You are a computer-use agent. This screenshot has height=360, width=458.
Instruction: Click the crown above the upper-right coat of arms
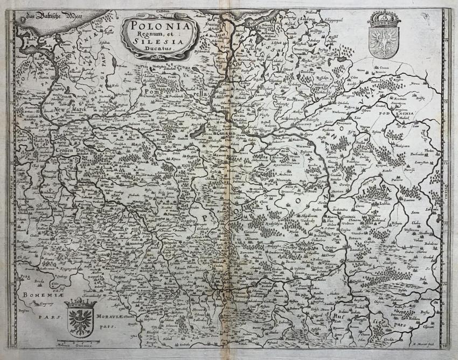[x=383, y=22]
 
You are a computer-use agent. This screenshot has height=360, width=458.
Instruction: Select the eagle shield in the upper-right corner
[x=383, y=43]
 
